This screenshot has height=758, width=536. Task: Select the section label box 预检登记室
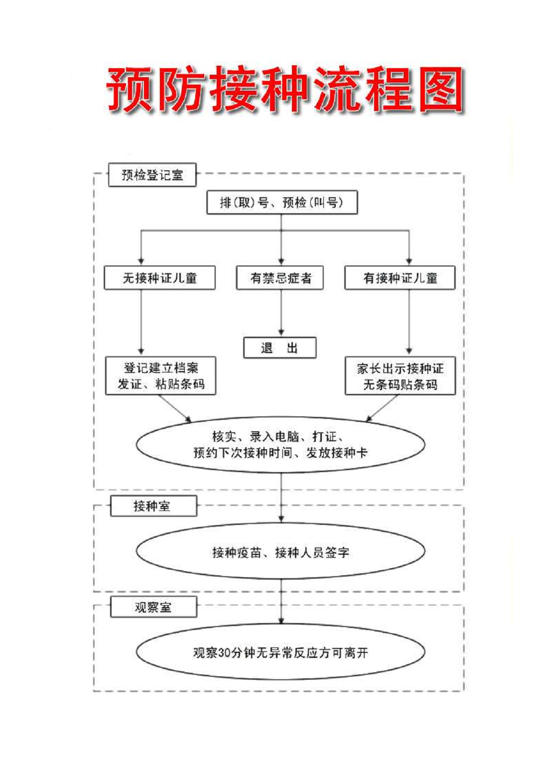(x=152, y=175)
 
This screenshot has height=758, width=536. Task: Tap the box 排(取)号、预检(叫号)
(x=282, y=202)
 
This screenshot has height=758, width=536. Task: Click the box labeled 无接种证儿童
(x=159, y=278)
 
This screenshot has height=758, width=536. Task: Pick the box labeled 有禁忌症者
(x=280, y=278)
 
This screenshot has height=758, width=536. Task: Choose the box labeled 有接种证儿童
(x=400, y=278)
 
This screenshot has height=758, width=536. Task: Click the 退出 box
(x=280, y=348)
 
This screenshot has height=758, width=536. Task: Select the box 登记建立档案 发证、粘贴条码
(x=161, y=376)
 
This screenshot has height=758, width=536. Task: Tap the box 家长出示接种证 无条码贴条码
(x=401, y=376)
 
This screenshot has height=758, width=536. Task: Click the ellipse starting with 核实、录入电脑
(x=280, y=445)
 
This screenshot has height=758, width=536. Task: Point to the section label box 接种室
(x=153, y=506)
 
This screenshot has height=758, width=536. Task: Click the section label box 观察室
(x=153, y=608)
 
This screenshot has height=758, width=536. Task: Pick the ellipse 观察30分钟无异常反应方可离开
(x=280, y=652)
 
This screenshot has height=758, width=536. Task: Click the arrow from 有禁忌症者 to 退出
(x=281, y=313)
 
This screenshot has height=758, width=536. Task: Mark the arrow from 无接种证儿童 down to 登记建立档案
(x=141, y=323)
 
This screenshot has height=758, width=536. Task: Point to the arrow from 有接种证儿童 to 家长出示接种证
(x=409, y=323)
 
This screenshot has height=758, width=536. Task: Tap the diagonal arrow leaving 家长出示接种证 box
(x=383, y=408)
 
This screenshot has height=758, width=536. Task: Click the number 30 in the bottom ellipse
(x=224, y=652)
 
